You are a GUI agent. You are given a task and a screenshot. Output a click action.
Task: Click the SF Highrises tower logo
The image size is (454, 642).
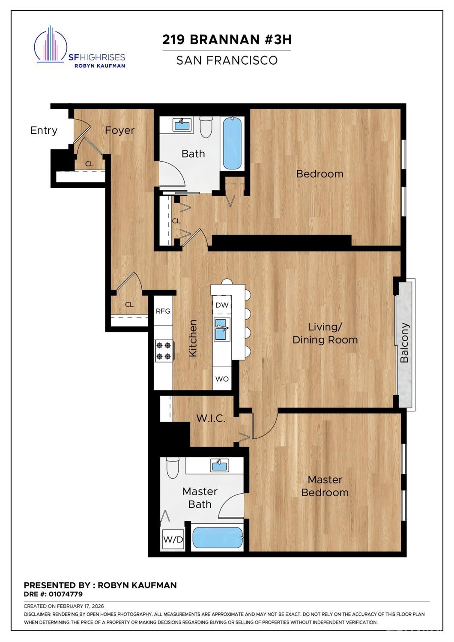[51, 44]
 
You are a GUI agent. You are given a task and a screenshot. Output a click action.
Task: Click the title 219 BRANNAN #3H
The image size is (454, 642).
[227, 40]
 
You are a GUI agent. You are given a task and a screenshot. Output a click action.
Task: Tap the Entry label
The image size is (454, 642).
[44, 130]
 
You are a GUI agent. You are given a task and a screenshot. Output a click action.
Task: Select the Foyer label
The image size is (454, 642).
[119, 130]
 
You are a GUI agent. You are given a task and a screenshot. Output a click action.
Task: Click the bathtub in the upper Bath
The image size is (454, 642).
[232, 143]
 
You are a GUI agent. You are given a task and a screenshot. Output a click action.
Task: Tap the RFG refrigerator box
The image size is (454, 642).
[163, 311]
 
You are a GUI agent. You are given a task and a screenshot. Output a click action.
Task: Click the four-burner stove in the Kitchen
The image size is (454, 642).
[164, 350]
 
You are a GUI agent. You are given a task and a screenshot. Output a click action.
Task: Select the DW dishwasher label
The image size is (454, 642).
[222, 305]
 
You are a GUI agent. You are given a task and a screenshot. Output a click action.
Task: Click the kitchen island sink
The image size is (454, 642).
[221, 329]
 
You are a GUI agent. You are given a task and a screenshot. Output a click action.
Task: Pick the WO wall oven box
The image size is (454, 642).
[222, 379]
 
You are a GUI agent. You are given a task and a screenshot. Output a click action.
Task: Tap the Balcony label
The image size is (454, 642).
[404, 343]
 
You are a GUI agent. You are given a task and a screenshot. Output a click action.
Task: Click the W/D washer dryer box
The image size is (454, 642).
[173, 540]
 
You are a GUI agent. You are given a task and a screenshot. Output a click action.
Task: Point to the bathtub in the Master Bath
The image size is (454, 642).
[218, 537]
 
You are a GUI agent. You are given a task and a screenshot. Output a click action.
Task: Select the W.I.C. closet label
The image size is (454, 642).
[211, 419]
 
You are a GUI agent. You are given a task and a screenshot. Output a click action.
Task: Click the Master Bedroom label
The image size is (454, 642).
[325, 486]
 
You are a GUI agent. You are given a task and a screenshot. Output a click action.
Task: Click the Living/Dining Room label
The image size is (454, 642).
[325, 333]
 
